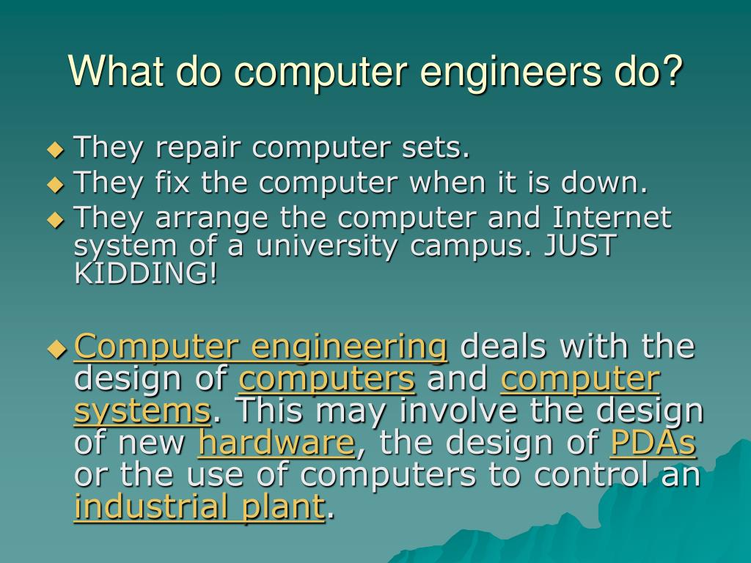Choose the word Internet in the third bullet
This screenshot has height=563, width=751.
coord(611,218)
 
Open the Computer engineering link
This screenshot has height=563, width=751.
coord(261,347)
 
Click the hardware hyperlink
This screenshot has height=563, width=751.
coord(276,444)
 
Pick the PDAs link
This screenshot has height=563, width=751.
coord(653,444)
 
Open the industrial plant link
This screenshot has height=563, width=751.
coord(199,507)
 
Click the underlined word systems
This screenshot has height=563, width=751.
coord(142,411)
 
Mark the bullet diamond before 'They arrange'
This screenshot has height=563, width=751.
coord(56,218)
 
